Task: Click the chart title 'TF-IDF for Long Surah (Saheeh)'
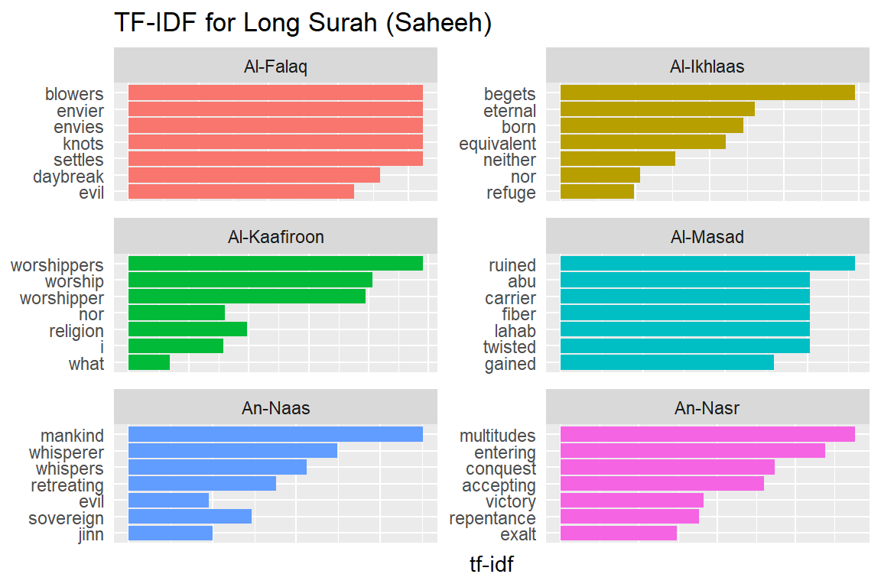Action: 302,23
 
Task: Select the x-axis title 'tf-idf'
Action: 492,565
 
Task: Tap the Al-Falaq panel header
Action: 275,66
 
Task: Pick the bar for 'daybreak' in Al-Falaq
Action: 254,176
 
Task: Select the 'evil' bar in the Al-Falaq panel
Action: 241,193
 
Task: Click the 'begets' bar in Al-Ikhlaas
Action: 707,93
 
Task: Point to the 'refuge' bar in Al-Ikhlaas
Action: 597,193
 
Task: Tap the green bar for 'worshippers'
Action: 275,264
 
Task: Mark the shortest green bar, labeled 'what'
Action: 149,364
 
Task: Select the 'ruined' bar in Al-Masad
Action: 707,264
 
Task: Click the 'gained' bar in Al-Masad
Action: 667,364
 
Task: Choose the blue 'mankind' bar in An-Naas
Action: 275,435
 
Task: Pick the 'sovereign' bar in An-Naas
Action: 190,518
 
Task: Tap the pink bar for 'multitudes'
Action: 707,435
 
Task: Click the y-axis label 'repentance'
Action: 493,518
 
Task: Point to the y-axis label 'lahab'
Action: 515,331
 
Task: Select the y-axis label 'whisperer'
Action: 67,452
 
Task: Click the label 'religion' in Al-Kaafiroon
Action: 76,331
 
